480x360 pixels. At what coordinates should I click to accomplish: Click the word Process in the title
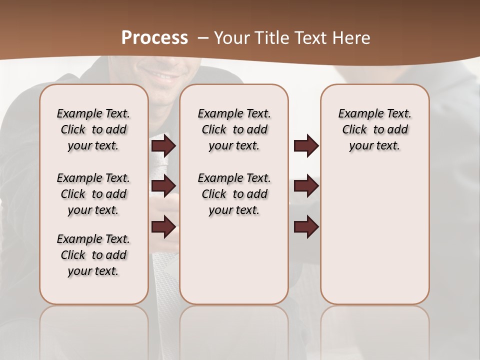154,38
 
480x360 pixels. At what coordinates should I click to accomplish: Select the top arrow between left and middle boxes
163,146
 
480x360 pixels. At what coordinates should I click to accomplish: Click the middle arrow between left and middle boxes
163,186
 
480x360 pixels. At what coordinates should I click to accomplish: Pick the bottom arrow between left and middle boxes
163,227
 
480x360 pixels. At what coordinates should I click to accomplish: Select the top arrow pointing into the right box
306,146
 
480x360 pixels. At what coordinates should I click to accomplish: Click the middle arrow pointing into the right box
306,186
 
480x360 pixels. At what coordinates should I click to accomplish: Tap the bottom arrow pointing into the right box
306,227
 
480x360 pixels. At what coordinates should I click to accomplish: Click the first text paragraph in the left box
93,129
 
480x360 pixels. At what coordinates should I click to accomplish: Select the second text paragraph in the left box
93,194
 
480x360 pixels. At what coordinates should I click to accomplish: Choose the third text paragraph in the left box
93,255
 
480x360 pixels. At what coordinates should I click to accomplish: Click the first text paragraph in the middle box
234,129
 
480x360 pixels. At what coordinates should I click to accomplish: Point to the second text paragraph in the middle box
234,194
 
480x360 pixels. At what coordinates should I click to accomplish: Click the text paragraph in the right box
375,129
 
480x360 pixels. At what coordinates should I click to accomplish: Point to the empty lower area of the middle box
234,260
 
